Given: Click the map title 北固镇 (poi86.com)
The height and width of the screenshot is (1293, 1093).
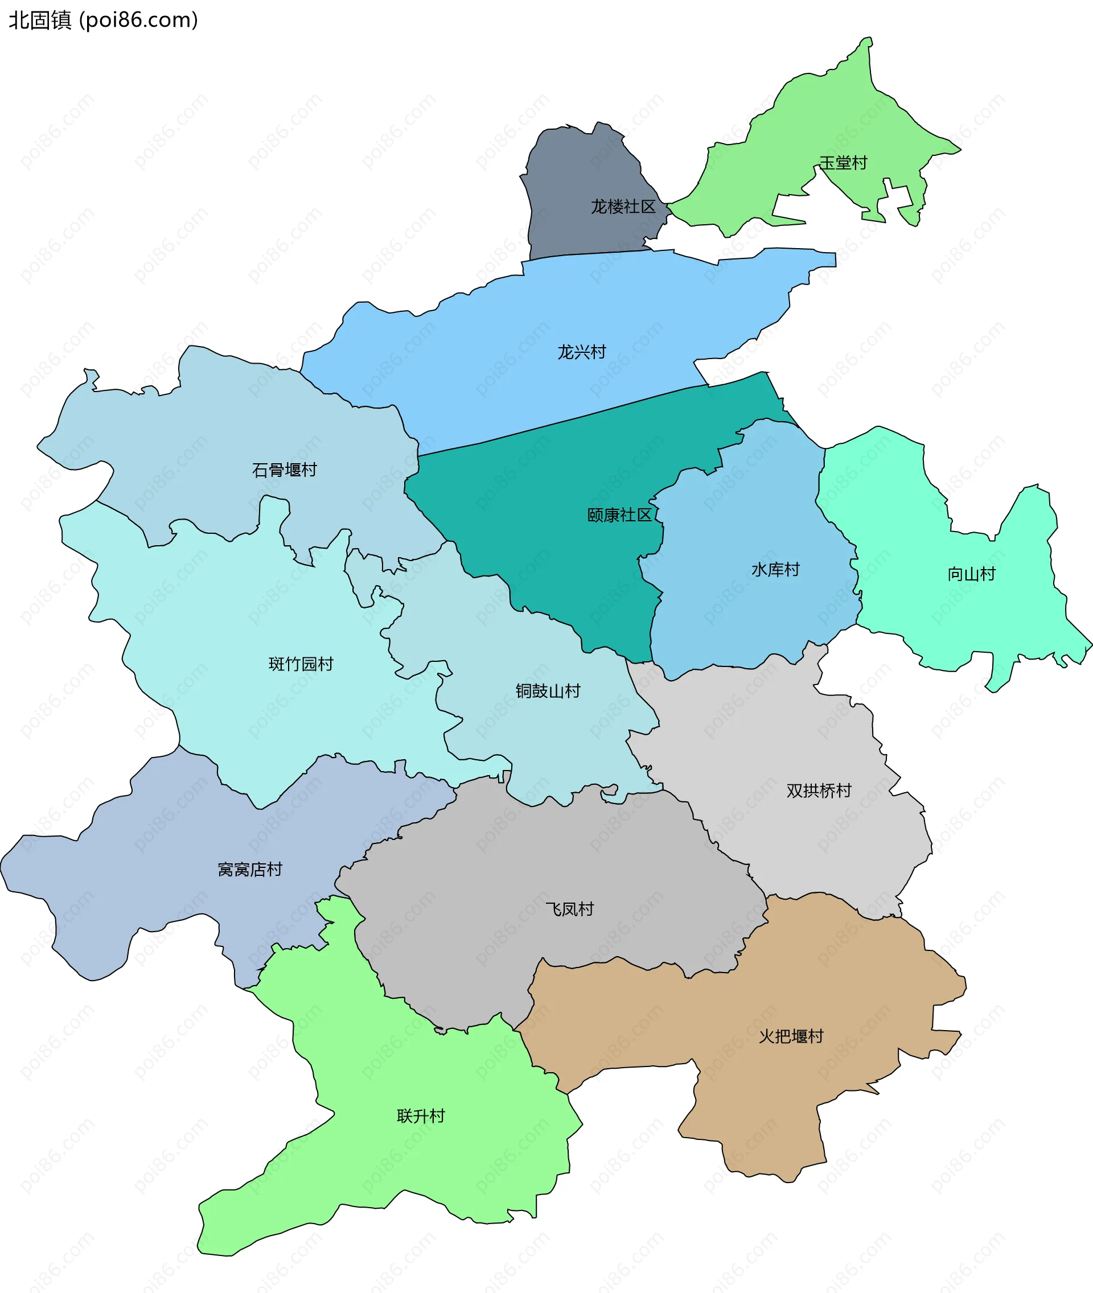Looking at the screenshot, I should [103, 20].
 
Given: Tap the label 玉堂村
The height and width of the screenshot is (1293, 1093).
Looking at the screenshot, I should [843, 163].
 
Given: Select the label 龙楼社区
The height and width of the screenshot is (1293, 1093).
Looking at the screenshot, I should [623, 207].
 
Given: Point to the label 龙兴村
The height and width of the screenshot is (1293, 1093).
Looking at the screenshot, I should [581, 352].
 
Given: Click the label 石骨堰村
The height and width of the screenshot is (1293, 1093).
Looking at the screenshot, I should [285, 470].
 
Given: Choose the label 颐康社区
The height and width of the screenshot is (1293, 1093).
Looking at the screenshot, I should [619, 515].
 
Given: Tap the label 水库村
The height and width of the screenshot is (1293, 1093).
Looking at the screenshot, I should [775, 569].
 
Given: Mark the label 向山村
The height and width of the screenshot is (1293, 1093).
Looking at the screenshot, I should [971, 574].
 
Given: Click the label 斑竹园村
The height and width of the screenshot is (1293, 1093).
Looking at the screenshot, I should [301, 664].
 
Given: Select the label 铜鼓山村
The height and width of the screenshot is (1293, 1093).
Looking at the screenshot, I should [548, 691].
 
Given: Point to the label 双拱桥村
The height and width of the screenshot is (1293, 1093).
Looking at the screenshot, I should [819, 790].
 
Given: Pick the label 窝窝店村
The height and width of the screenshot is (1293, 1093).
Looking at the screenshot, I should [250, 869].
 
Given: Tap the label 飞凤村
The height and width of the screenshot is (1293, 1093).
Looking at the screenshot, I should [569, 909].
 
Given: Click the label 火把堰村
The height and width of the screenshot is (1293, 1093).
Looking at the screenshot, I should [791, 1036].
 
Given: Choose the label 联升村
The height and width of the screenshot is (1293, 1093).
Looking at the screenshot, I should [421, 1116].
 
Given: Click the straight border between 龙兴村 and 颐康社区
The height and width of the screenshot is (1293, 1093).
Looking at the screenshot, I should [558, 421].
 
